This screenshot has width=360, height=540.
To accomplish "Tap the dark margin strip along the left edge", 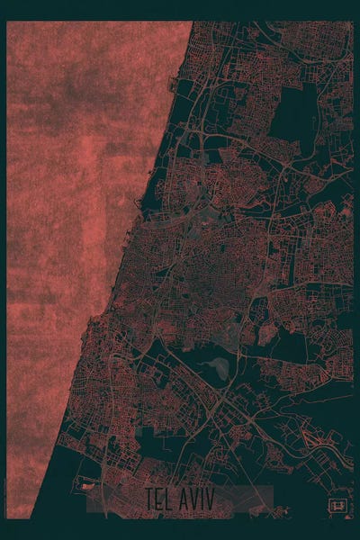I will (x=4, y=270).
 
